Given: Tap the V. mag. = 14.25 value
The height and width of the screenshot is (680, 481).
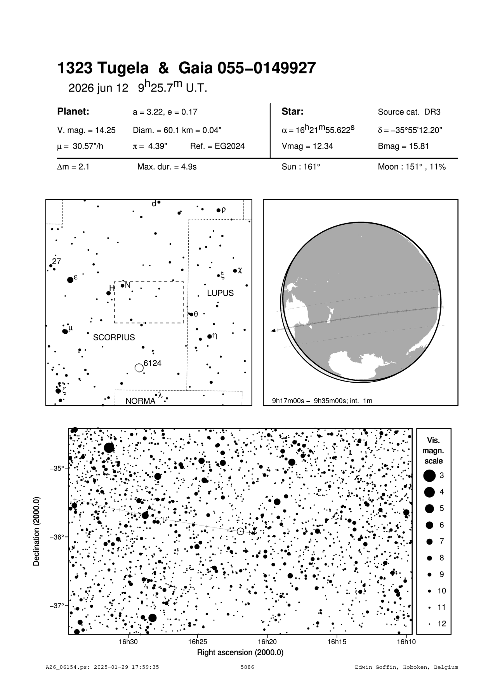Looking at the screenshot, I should click(86, 130).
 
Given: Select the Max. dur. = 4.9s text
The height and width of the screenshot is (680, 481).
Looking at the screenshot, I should click(167, 167).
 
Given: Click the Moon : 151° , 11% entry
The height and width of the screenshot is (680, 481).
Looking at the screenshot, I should click(412, 167).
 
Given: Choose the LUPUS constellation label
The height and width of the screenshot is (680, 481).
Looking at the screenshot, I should click(220, 293).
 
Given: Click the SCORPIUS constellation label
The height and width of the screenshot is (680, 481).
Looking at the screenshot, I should click(114, 337).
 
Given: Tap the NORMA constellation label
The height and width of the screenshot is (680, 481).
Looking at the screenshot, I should click(140, 401).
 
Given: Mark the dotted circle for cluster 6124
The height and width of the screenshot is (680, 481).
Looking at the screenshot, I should click(139, 368).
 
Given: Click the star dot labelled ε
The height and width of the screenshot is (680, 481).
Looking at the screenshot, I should click(70, 280).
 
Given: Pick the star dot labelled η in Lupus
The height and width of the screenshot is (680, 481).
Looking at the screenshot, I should click(210, 336).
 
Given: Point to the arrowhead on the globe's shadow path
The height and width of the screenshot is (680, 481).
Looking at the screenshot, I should click(273, 330).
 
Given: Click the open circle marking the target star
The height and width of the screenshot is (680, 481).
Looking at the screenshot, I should click(240, 531).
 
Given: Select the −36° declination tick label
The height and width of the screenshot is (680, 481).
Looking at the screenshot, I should click(57, 537).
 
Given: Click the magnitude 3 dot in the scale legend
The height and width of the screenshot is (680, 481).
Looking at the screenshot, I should click(429, 475).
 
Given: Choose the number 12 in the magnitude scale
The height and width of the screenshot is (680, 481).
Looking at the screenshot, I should click(442, 624).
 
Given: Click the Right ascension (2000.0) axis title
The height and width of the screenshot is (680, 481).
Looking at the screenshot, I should click(240, 652).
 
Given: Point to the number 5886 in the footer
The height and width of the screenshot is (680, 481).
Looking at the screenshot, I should click(247, 667).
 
